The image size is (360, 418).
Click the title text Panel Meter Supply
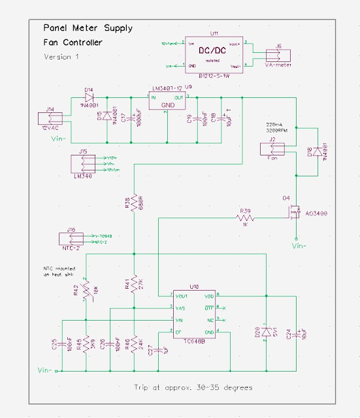click(x=88, y=28)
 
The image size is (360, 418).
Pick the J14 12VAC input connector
click(x=50, y=118)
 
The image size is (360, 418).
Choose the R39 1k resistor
click(x=246, y=217)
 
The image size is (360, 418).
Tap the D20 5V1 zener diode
click(x=266, y=332)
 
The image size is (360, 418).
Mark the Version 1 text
click(x=61, y=57)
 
